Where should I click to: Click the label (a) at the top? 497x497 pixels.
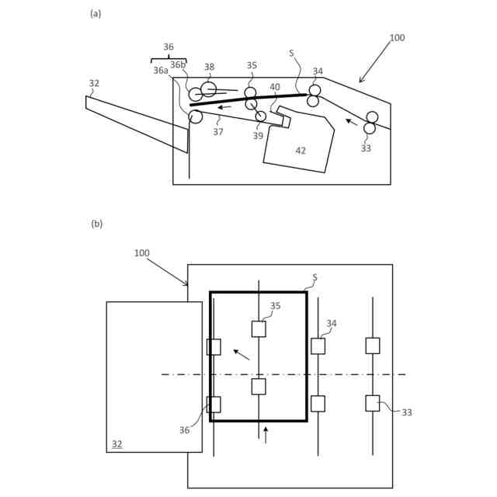(96, 13)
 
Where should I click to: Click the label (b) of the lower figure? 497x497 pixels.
(96, 224)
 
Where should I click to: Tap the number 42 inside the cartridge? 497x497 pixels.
(301, 151)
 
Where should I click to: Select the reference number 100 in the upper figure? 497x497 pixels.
(397, 38)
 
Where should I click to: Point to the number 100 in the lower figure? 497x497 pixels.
(141, 253)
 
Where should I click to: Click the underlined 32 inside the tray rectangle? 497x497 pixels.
(116, 444)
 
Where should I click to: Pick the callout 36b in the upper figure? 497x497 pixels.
(178, 65)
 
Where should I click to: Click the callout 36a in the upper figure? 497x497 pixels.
(161, 71)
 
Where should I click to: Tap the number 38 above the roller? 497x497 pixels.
(209, 68)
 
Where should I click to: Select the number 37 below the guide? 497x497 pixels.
(218, 132)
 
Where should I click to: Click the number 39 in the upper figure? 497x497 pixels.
(258, 136)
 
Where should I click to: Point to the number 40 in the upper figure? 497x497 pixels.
(275, 88)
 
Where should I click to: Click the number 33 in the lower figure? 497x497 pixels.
(407, 412)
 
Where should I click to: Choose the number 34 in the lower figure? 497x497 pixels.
(332, 324)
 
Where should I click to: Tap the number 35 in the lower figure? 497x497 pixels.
(276, 306)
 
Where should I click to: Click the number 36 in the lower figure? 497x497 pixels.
(184, 430)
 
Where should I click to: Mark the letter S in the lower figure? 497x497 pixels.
(315, 277)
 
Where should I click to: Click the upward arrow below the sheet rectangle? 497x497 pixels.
(266, 434)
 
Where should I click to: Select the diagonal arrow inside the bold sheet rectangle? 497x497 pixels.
(242, 355)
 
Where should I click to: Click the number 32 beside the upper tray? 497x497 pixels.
(94, 84)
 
